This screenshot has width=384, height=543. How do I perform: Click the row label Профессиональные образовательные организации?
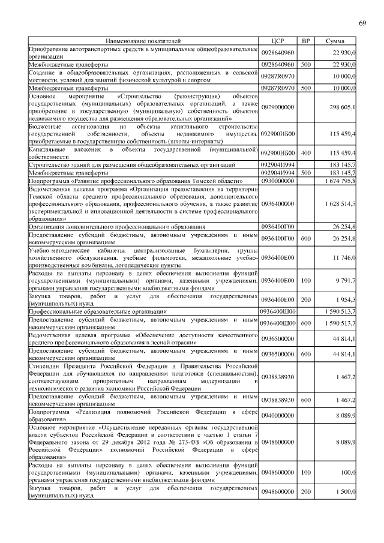(98, 312)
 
